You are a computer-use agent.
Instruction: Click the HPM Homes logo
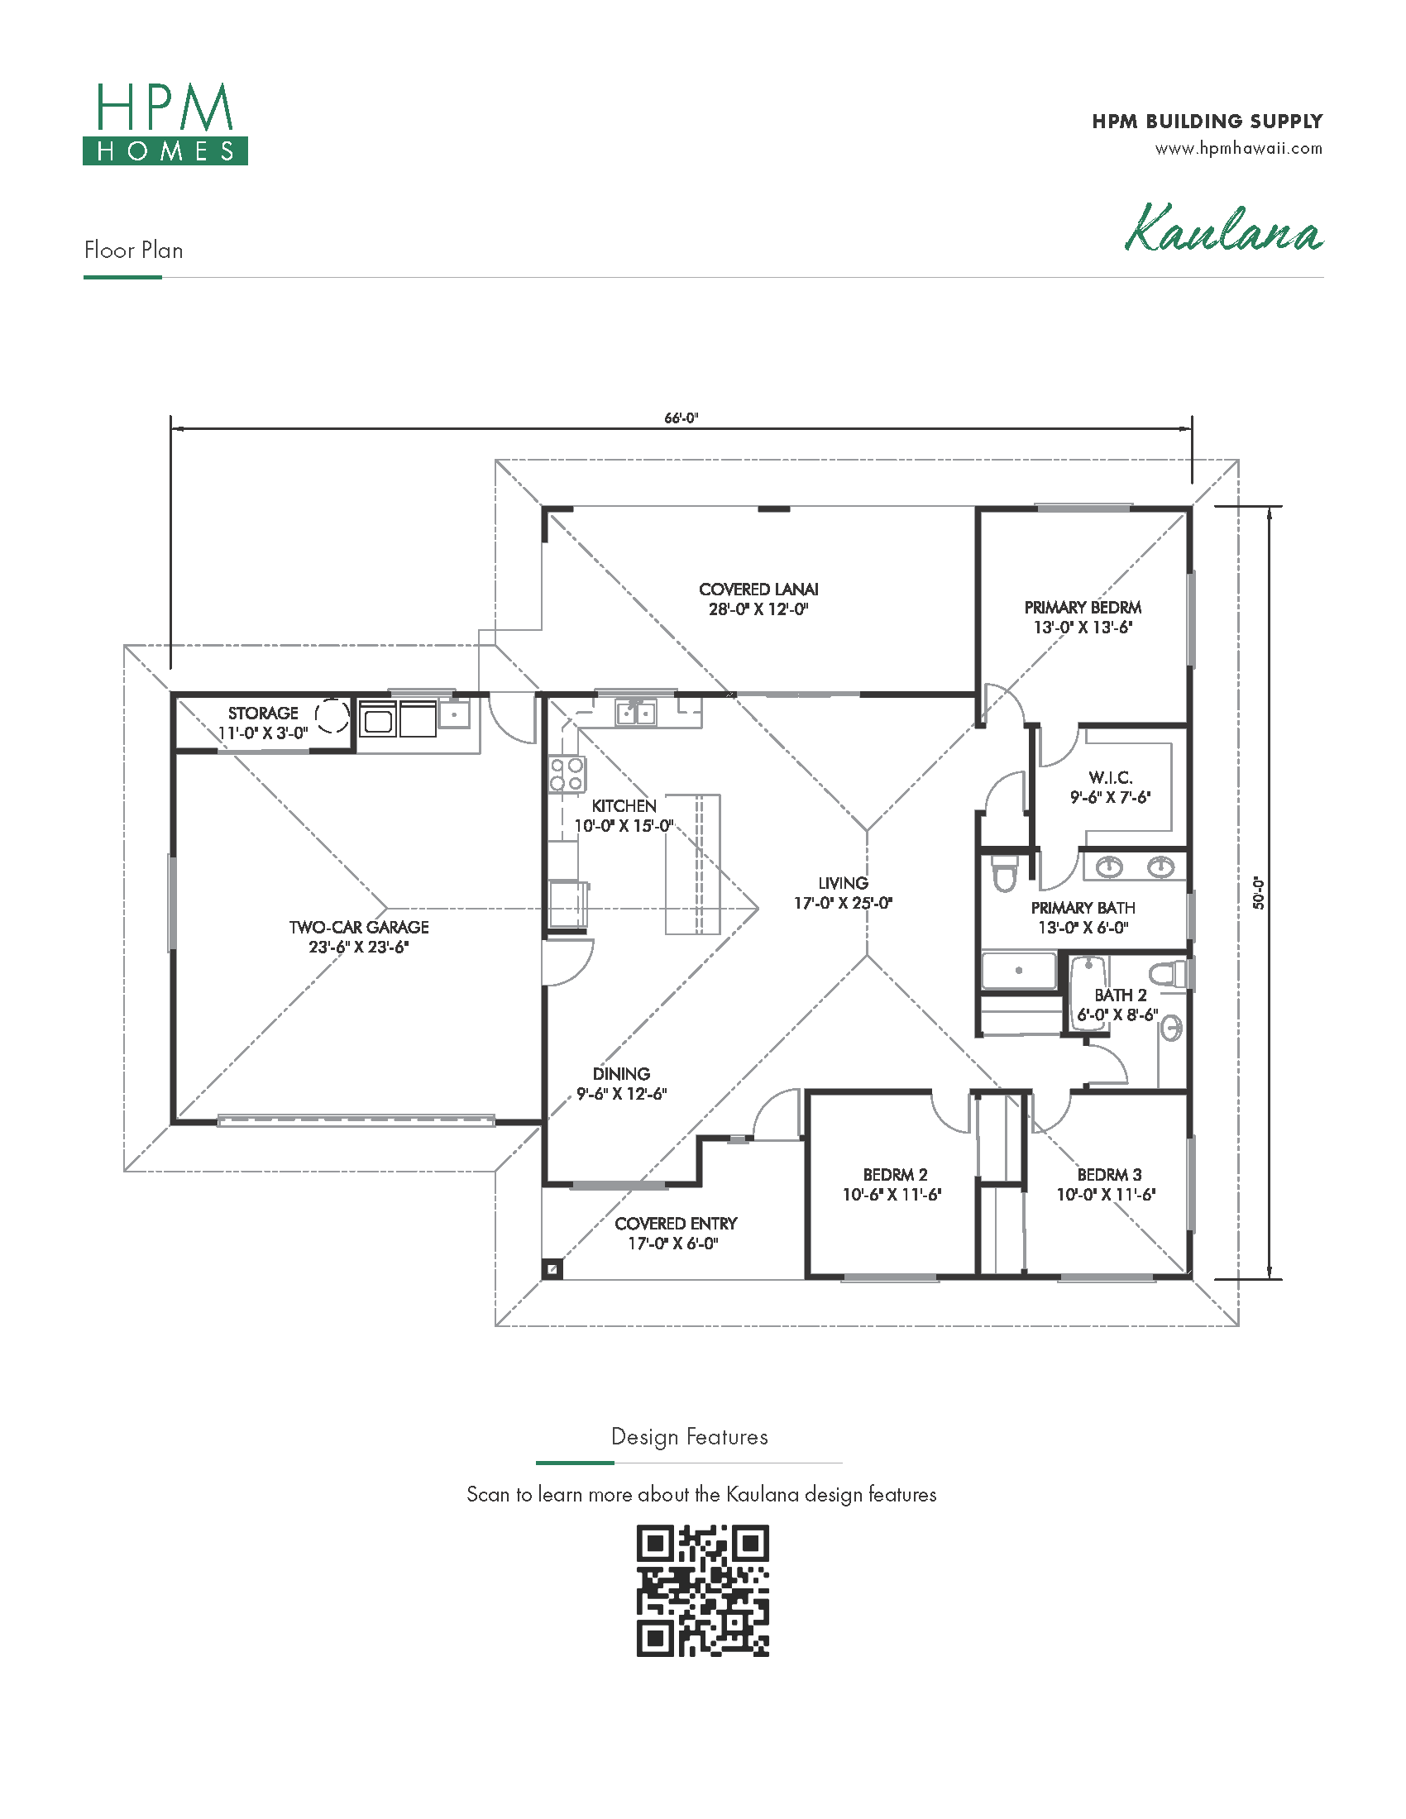[x=165, y=123]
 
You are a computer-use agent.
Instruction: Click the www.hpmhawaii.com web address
[x=1239, y=149]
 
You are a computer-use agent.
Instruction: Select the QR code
[x=702, y=1590]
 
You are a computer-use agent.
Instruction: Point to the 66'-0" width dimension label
[x=681, y=418]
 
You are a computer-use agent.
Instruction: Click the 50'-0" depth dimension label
[x=1259, y=893]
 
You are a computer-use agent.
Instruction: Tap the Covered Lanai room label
[x=758, y=599]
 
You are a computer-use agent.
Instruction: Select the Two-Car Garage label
[x=359, y=937]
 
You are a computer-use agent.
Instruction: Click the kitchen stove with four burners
[x=567, y=774]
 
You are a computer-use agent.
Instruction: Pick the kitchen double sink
[x=635, y=713]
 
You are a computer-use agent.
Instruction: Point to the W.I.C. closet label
[x=1110, y=787]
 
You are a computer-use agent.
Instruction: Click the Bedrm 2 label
[x=892, y=1184]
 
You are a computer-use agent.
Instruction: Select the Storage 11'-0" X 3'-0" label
[x=263, y=723]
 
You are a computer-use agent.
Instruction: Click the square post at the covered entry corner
[x=552, y=1269]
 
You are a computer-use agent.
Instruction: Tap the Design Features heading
[x=690, y=1437]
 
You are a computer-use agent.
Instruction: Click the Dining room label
[x=621, y=1084]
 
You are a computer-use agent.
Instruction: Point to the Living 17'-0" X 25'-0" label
[x=843, y=893]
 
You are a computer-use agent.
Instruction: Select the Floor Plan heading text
[x=133, y=250]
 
